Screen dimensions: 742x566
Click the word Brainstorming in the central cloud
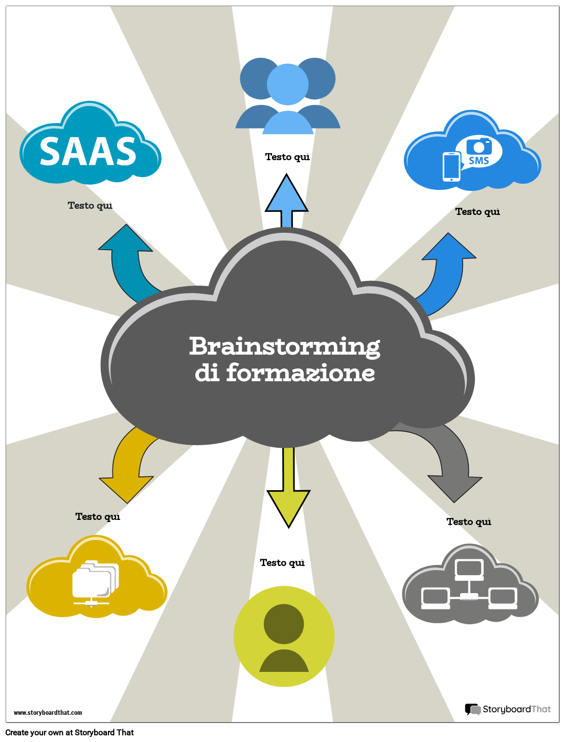tap(284, 346)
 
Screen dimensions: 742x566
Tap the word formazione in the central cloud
tap(300, 373)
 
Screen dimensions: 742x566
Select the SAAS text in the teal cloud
tap(88, 151)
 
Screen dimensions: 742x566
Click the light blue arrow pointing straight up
tap(287, 199)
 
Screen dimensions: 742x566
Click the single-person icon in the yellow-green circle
tap(284, 637)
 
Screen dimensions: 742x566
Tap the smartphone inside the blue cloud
tap(451, 167)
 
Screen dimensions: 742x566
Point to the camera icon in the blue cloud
tap(479, 146)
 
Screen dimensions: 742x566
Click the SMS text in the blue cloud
tap(479, 161)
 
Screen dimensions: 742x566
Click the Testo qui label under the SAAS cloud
tap(90, 205)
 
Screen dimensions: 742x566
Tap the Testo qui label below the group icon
tap(287, 157)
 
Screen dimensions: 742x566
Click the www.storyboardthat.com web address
tap(48, 712)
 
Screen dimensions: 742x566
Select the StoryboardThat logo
tap(508, 709)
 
